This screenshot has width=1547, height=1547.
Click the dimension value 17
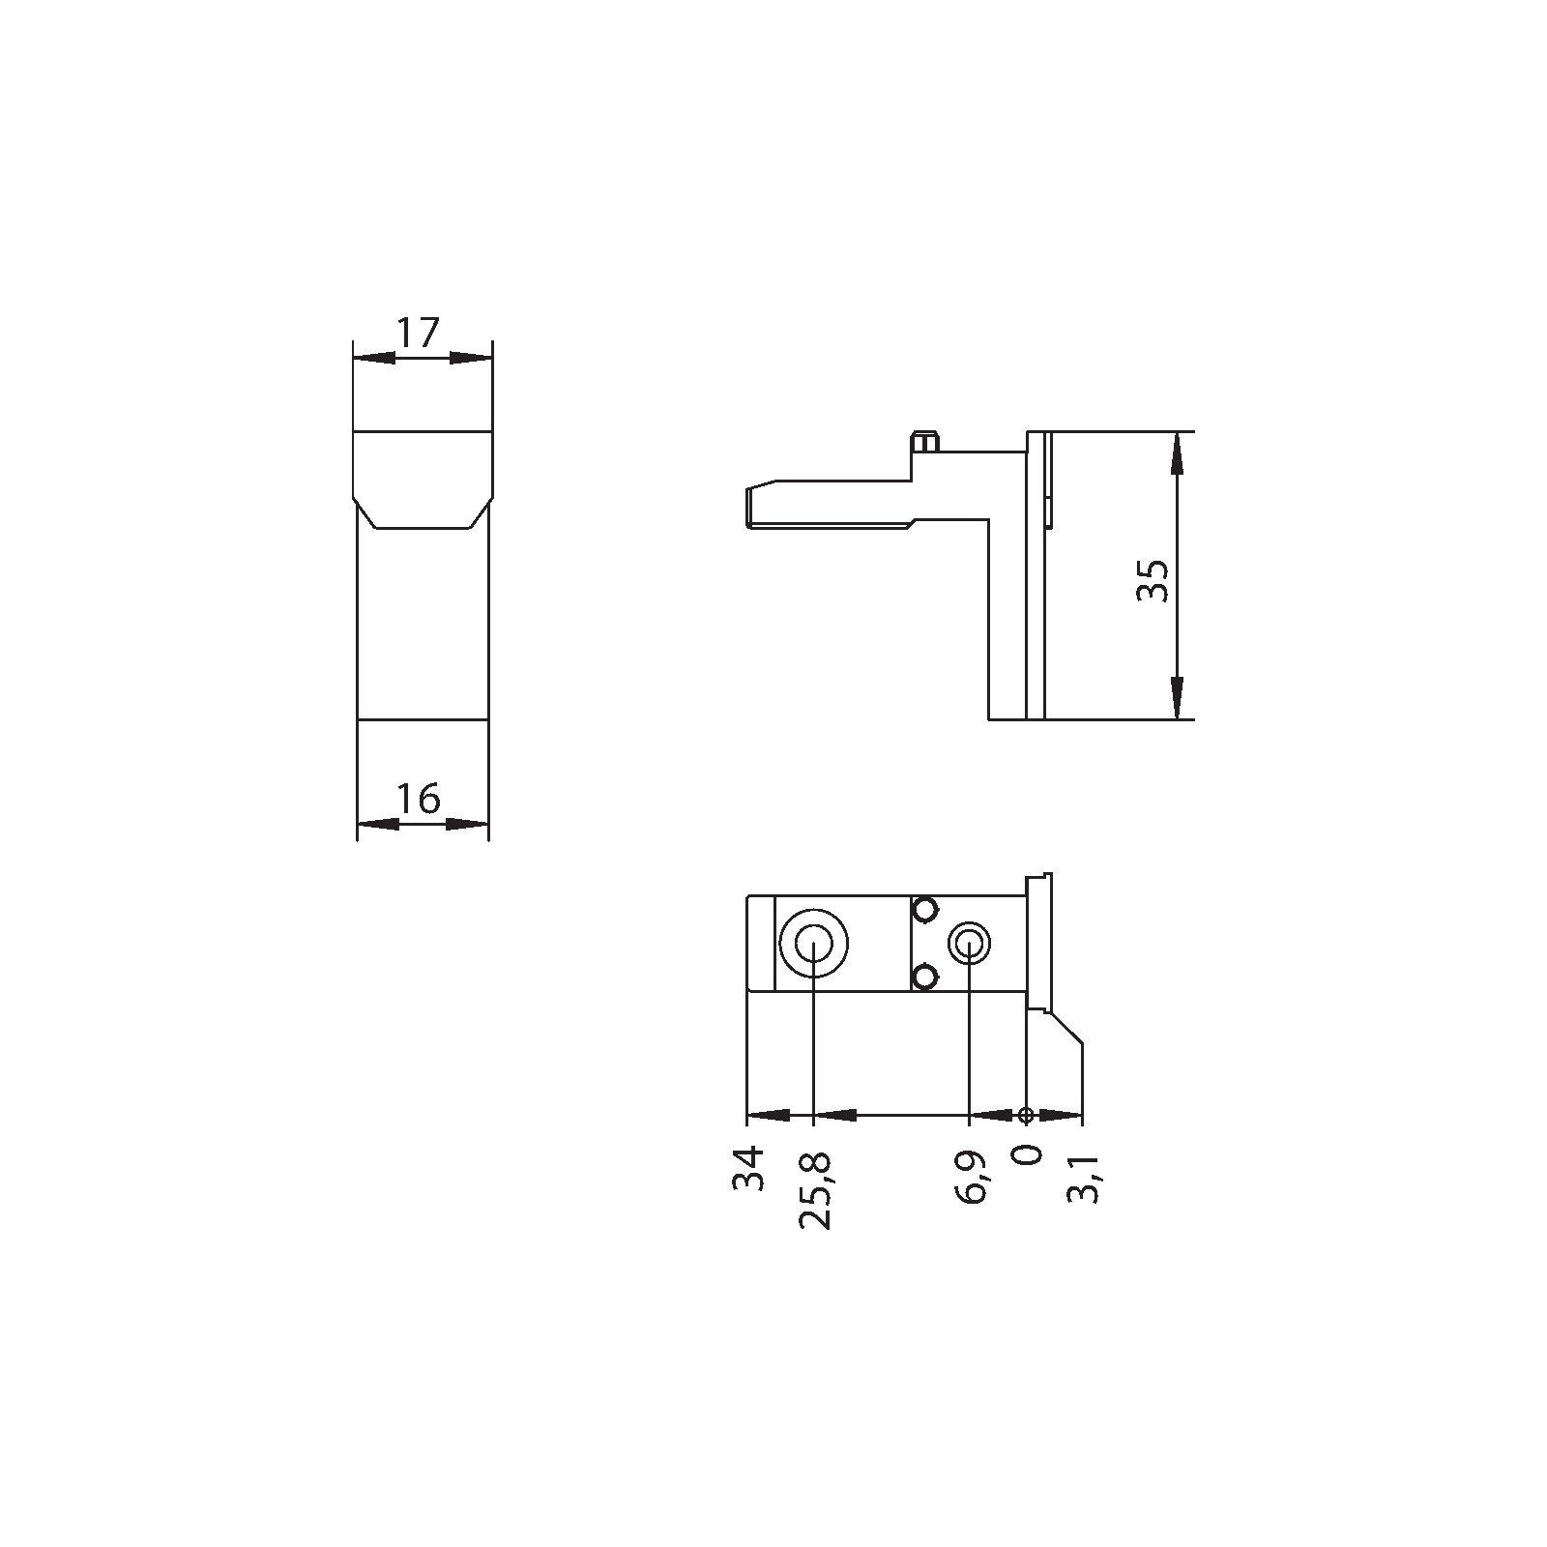(x=419, y=334)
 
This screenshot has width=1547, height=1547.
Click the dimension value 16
(x=419, y=800)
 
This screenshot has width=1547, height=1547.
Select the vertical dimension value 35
(x=1153, y=580)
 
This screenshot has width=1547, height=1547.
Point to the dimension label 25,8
(x=815, y=1189)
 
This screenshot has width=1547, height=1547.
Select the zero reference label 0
(x=1029, y=1154)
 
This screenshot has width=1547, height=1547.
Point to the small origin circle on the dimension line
(x=1026, y=1115)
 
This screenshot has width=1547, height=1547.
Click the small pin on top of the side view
(x=925, y=442)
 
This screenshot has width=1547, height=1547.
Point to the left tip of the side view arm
(x=748, y=507)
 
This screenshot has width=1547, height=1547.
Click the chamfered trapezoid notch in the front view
(x=423, y=513)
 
